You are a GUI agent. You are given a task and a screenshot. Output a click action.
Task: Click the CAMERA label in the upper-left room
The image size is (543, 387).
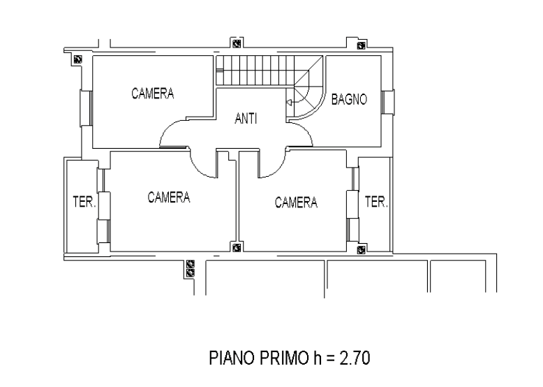[153, 94]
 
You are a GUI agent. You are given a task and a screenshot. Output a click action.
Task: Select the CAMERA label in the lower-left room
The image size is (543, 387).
[169, 197]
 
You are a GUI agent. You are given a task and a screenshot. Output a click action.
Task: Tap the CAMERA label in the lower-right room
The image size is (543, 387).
[296, 203]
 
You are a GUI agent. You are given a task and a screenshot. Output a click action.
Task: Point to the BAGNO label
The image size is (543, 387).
[349, 99]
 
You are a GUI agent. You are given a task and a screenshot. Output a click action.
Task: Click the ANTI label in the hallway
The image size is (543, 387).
[246, 119]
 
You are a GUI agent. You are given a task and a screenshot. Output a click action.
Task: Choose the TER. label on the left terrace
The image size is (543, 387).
[84, 202]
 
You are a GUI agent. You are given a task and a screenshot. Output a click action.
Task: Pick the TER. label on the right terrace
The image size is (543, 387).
[376, 202]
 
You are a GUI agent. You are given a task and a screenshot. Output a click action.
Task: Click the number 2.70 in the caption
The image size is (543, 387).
[355, 358]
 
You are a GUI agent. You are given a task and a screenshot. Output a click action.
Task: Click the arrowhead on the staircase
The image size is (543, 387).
[289, 103]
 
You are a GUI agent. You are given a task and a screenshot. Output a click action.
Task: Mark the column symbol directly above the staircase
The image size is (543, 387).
[237, 44]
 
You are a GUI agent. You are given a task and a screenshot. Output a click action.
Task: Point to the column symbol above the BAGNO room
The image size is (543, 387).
[362, 45]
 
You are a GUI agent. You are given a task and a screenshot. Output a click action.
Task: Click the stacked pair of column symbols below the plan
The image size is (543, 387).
[190, 268]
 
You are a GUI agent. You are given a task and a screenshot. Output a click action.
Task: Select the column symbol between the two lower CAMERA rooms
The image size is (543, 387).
[237, 248]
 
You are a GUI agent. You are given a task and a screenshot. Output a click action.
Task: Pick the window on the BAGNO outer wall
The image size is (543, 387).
[387, 102]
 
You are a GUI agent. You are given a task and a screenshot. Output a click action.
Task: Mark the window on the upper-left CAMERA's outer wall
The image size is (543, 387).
[87, 108]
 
